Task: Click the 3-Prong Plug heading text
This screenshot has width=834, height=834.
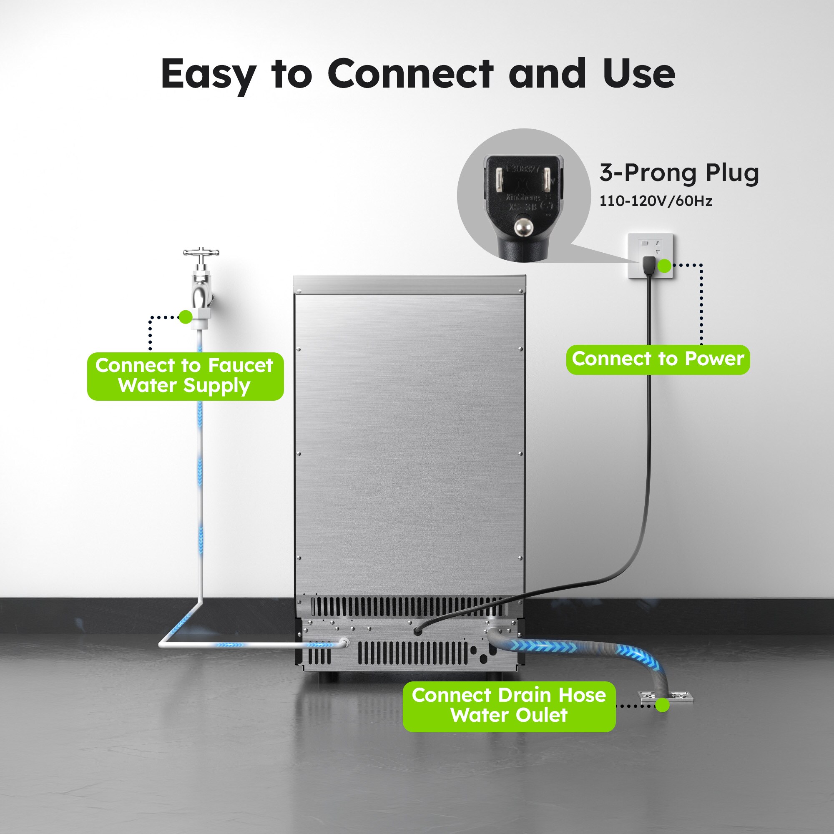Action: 678,173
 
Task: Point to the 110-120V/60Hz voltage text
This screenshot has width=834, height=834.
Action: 655,201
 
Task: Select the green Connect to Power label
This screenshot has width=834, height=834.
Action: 658,359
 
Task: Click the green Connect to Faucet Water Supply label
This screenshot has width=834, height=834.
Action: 185,376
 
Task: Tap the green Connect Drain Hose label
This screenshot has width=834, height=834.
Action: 508,706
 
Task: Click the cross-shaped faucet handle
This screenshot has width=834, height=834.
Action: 201,252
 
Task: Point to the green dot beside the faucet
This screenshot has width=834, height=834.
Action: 185,317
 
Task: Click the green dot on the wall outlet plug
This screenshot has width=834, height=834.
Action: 665,266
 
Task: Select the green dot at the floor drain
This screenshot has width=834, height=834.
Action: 662,706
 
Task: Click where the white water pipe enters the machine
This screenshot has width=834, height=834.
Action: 344,642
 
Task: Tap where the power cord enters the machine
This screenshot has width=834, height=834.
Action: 417,631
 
